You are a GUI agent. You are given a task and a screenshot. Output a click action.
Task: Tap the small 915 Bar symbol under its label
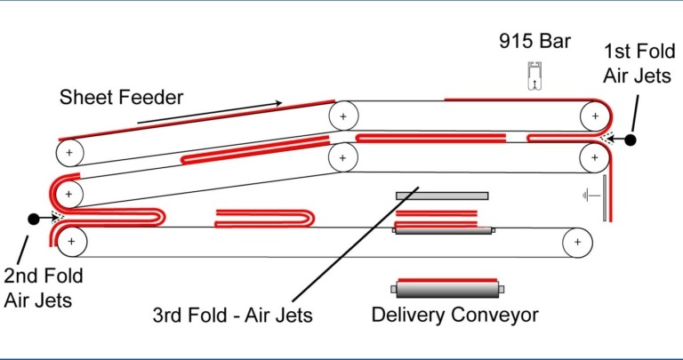(x=535, y=77)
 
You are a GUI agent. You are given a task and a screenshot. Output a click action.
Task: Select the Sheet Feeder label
(x=121, y=97)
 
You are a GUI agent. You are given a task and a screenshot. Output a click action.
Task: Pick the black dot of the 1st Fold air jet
(x=630, y=140)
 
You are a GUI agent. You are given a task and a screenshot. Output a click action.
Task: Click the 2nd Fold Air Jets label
(x=38, y=288)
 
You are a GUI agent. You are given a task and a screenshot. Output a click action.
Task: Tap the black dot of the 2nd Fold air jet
(x=34, y=218)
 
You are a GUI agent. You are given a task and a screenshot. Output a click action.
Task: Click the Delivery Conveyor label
(x=454, y=314)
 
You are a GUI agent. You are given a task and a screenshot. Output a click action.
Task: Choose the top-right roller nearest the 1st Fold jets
(x=591, y=116)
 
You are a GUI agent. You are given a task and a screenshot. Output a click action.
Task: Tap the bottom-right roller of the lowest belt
(x=579, y=241)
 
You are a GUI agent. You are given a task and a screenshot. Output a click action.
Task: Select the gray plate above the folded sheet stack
(x=442, y=196)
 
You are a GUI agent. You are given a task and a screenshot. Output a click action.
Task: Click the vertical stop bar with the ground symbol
(x=604, y=198)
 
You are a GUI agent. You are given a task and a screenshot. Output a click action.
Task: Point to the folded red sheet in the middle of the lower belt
(x=266, y=218)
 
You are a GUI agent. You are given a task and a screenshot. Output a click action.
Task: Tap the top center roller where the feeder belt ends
(x=342, y=116)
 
